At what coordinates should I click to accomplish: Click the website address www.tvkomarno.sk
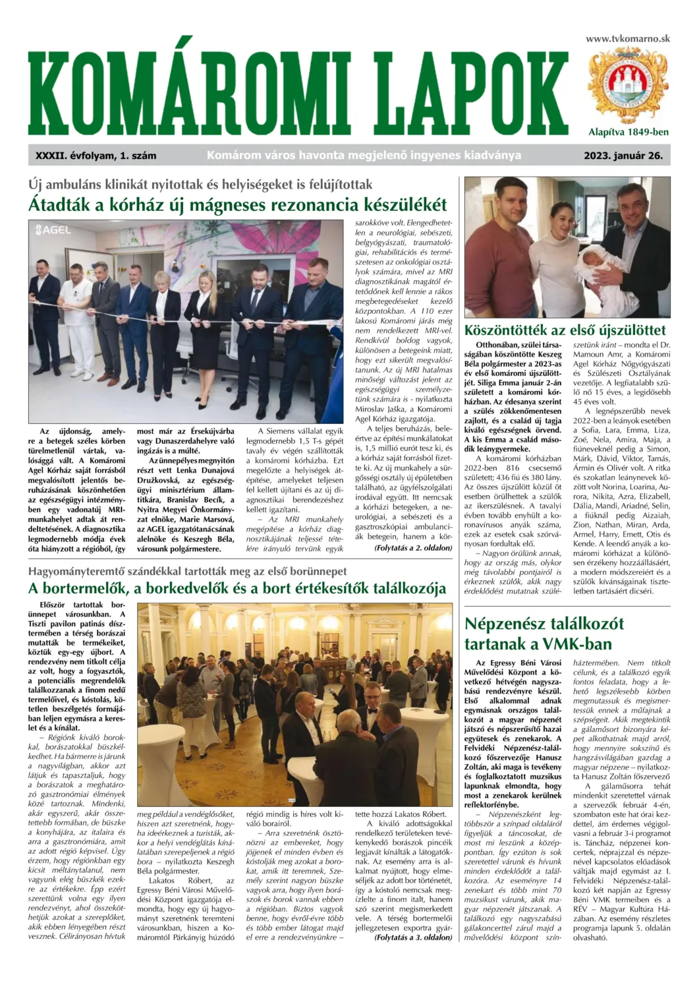(627, 39)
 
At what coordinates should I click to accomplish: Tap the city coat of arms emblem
(627, 84)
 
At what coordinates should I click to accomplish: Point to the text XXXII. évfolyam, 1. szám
(96, 156)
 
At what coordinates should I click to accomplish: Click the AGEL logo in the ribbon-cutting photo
(53, 230)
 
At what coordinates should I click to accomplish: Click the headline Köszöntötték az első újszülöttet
(565, 330)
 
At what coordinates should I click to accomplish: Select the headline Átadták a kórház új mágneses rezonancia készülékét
(238, 204)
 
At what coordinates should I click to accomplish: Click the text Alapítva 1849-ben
(628, 132)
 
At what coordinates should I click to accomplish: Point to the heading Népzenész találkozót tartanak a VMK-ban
(544, 634)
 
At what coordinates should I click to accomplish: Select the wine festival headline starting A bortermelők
(237, 588)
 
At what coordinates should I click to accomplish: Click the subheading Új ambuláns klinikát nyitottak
(201, 184)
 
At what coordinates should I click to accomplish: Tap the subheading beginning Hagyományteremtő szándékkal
(187, 570)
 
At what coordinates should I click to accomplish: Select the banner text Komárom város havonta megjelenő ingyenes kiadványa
(364, 156)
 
